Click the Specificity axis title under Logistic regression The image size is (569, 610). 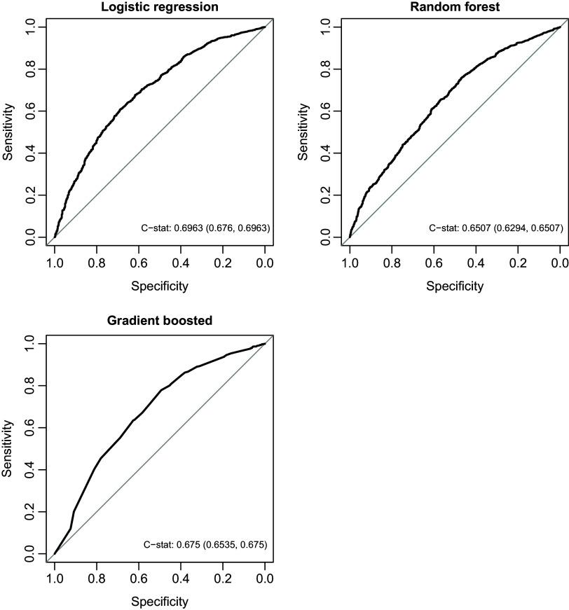click(159, 286)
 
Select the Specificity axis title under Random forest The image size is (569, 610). click(455, 286)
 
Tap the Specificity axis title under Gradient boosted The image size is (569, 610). click(159, 602)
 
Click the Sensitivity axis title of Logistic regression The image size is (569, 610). click(8, 132)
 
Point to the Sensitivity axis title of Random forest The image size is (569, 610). click(303, 132)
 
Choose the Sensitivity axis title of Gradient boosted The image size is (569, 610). click(8, 449)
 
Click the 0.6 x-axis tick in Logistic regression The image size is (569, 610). click(139, 263)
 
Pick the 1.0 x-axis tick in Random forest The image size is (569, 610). click(350, 263)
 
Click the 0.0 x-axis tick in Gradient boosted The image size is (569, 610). click(265, 579)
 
